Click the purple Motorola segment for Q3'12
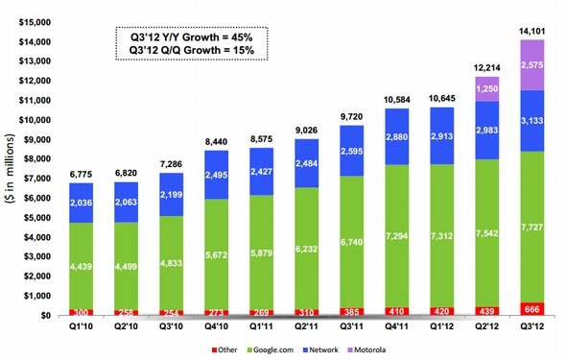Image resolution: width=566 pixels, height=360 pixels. pos(532,65)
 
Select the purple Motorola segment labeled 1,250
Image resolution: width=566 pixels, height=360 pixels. pos(487,89)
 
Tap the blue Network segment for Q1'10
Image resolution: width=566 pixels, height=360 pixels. pos(81,203)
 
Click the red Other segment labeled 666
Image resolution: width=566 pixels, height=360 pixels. pos(532,309)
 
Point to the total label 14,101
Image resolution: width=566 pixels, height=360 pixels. pos(532,32)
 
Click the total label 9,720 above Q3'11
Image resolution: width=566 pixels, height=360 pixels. pos(351,116)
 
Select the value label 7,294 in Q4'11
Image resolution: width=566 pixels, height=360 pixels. pos(397,236)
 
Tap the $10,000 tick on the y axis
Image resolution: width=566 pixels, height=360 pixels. pos(35,120)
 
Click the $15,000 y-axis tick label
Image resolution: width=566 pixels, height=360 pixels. pos(35,22)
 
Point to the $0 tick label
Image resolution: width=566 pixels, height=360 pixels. pos(46,316)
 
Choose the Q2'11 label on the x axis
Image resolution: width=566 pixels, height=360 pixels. pos(306,326)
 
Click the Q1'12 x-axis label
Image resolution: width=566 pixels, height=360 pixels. pos(442,326)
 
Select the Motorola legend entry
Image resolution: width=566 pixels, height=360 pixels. pos(366,349)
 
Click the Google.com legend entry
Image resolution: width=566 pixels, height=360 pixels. pos(271,349)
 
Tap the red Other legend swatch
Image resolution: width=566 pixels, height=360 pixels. pos(214,349)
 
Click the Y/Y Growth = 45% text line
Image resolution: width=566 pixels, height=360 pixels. pos(191,37)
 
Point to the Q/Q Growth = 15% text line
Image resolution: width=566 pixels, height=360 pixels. pos(191,50)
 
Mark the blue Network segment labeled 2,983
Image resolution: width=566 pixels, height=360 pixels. pos(487,131)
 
